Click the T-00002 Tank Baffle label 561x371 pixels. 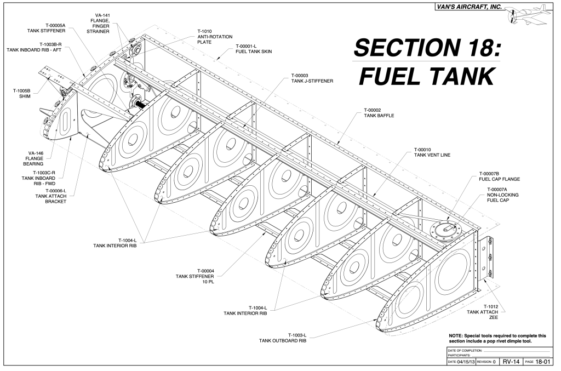[379, 112]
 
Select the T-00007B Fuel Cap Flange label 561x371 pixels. [499, 175]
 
